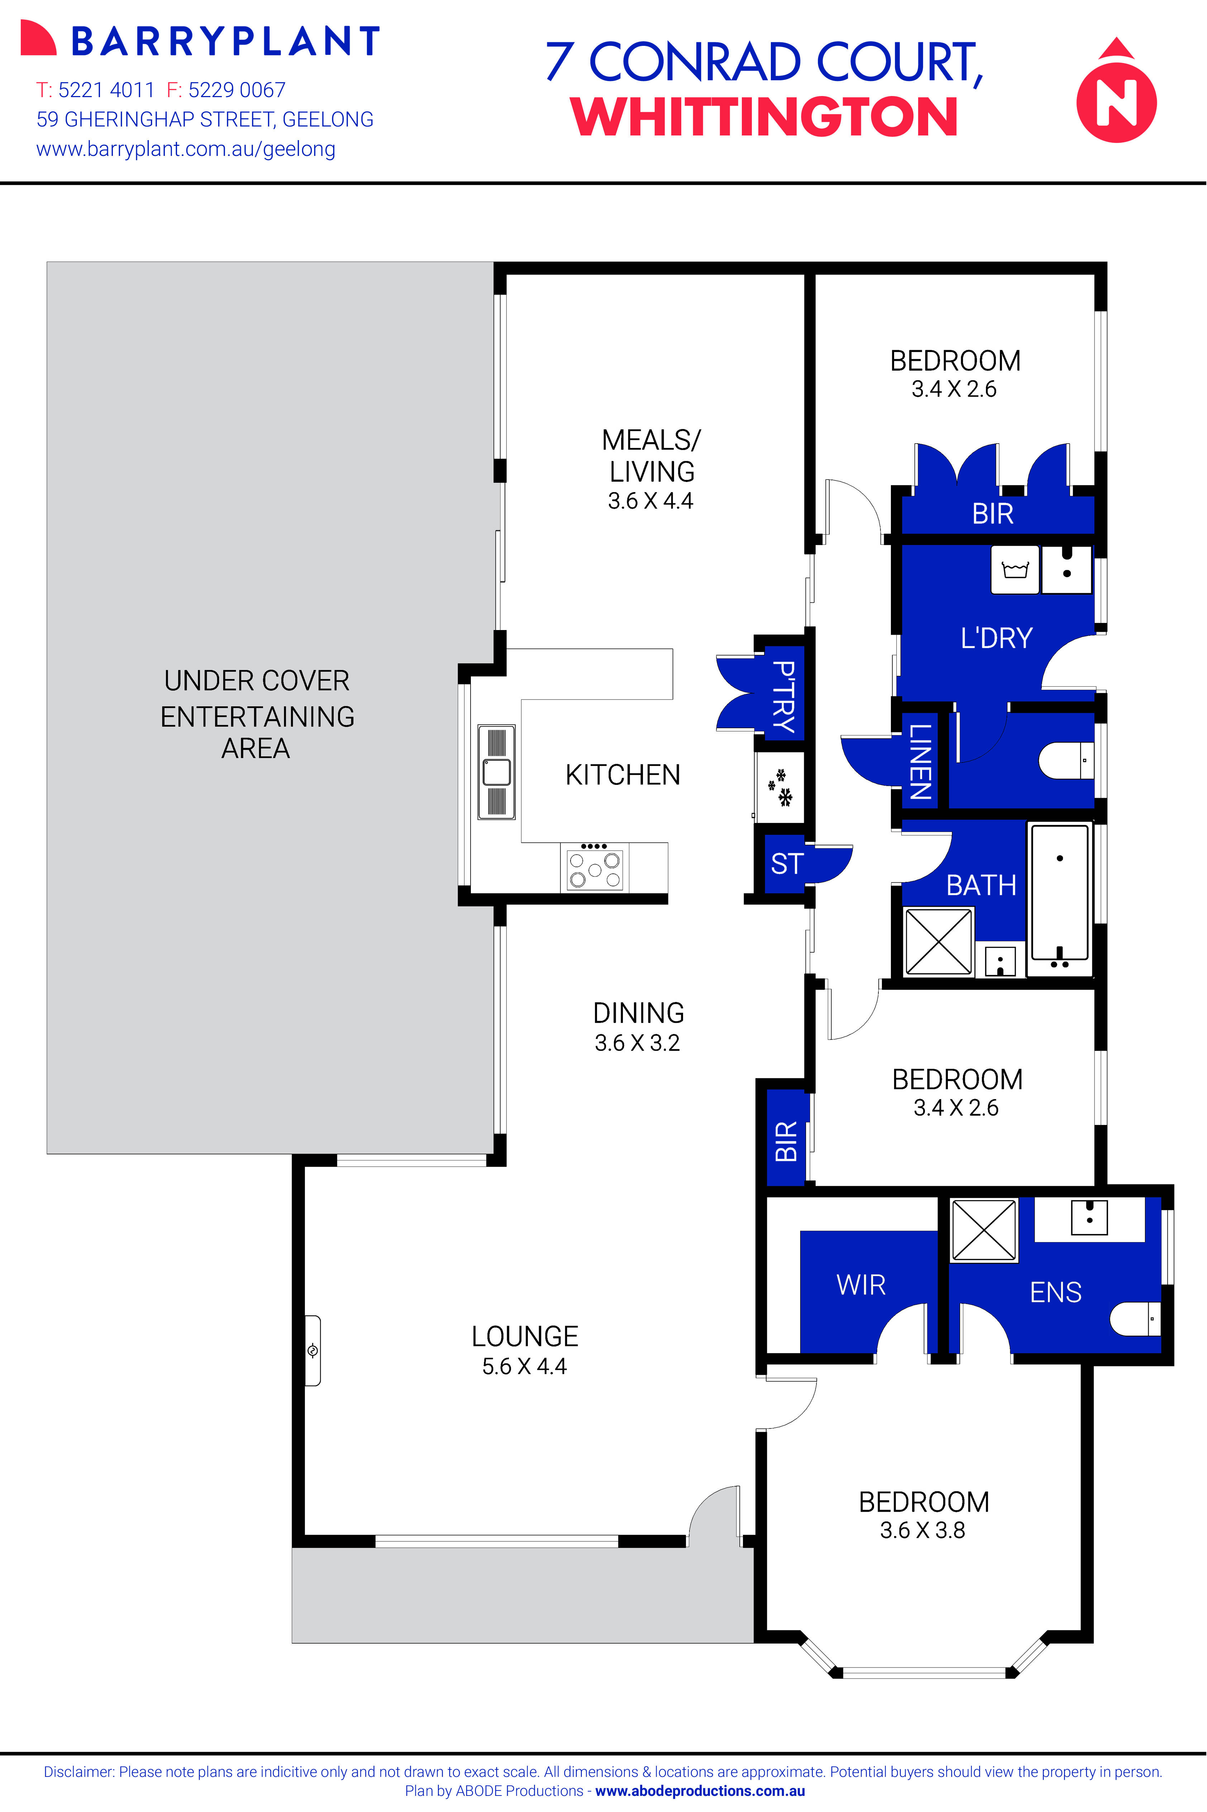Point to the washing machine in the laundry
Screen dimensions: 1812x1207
point(1015,569)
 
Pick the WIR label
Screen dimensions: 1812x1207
point(860,1285)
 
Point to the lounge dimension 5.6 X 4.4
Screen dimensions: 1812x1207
point(524,1366)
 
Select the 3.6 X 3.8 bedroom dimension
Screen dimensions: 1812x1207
point(922,1530)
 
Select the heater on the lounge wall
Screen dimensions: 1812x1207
point(313,1351)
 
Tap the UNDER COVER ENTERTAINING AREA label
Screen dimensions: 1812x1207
point(257,714)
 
